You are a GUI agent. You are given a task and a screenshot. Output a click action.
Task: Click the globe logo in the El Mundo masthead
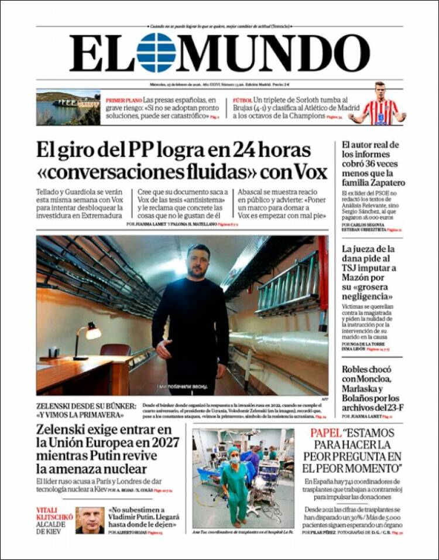[156, 53]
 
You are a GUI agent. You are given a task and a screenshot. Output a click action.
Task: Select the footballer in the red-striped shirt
[379, 105]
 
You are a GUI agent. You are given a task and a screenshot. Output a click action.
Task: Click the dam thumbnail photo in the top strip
[68, 107]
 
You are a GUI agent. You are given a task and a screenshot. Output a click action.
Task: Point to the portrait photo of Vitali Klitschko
[90, 520]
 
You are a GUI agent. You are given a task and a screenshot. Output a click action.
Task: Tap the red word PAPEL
[325, 434]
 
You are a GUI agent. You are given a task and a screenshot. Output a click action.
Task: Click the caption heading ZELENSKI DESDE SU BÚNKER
[85, 405]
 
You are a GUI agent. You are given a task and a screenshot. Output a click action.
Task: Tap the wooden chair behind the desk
[115, 350]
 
